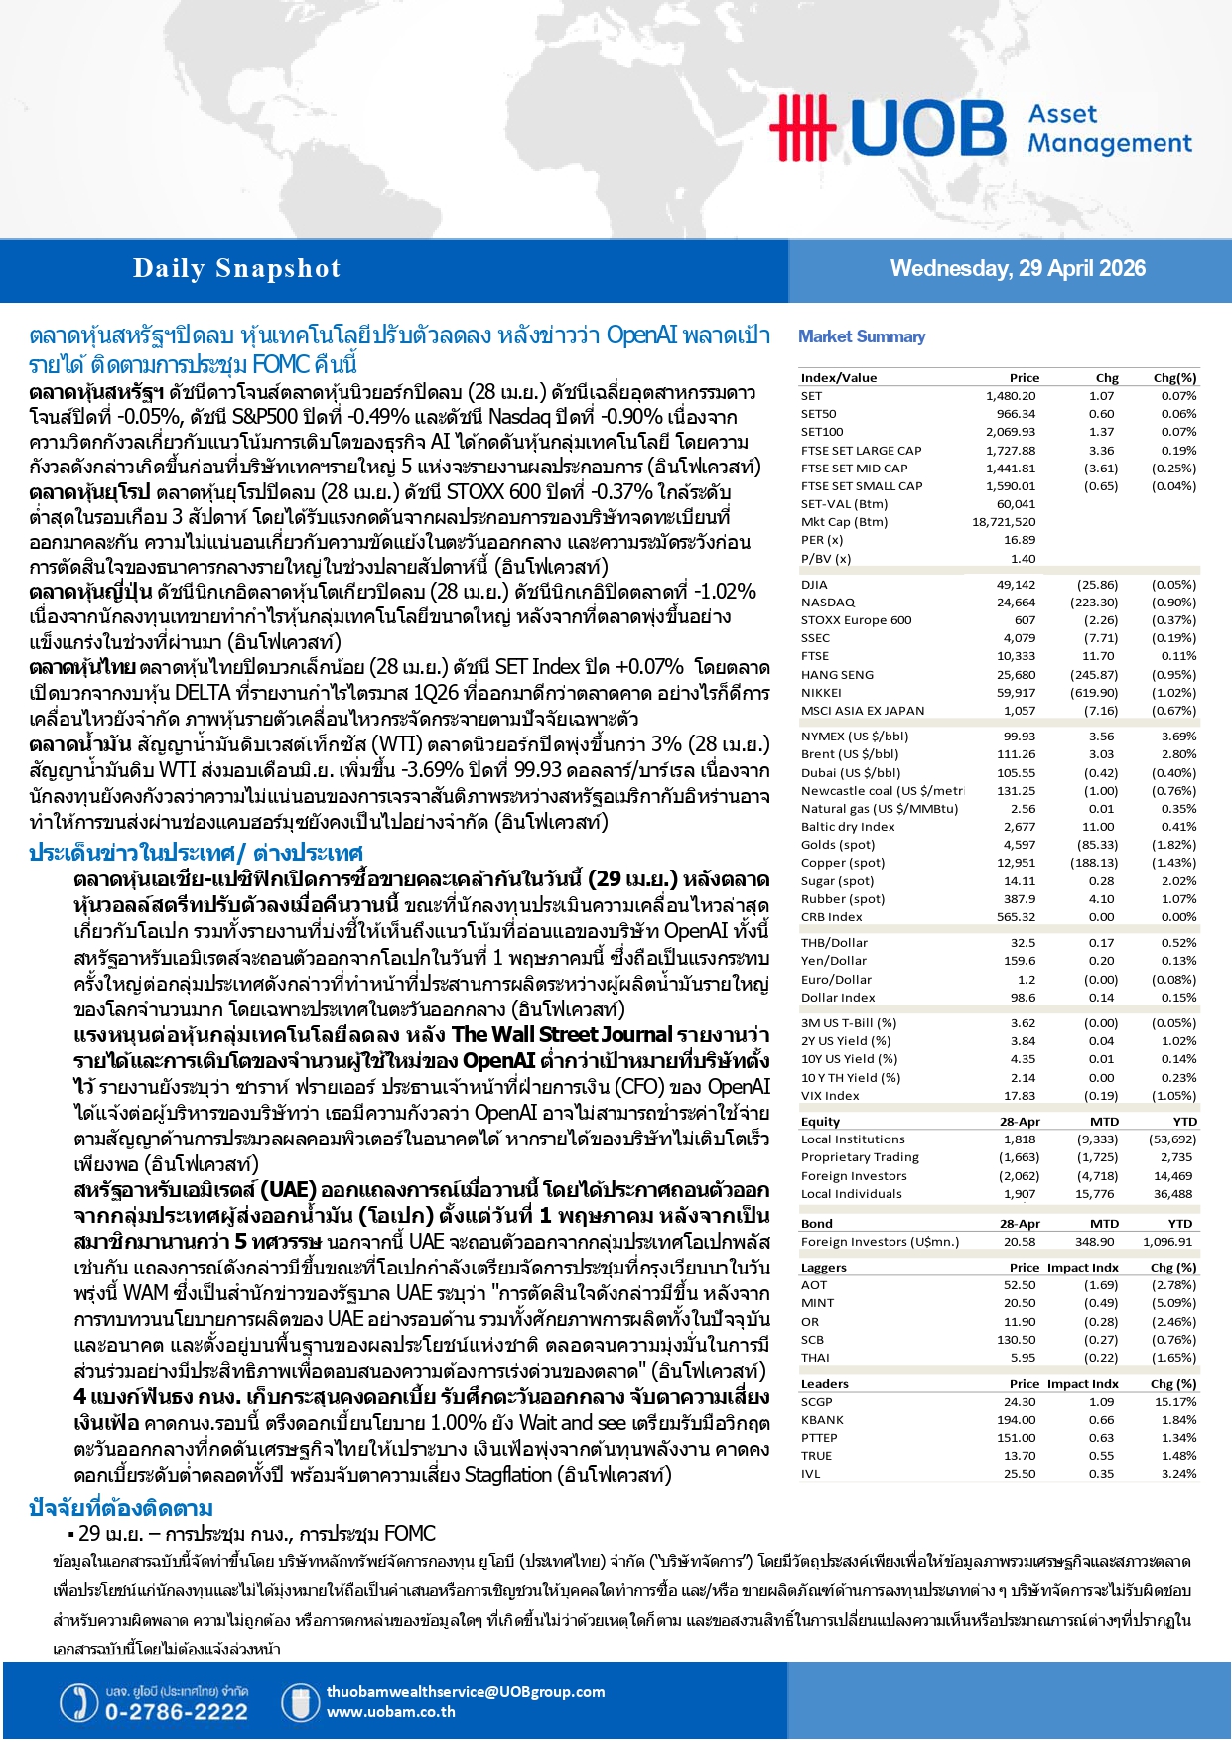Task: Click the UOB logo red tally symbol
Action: [x=802, y=126]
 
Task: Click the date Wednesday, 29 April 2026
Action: [x=1018, y=268]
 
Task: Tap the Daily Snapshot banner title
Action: [x=236, y=269]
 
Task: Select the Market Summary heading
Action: [x=862, y=336]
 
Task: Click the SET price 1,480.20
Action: [x=1011, y=396]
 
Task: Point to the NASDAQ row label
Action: [x=828, y=603]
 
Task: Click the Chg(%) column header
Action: [x=1174, y=378]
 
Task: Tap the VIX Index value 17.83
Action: [x=1020, y=1096]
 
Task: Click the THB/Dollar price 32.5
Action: [x=1023, y=943]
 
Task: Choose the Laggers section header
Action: [x=824, y=1268]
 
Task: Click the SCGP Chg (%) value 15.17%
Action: [x=1175, y=1402]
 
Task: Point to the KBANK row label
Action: [x=822, y=1420]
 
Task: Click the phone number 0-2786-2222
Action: [x=177, y=1711]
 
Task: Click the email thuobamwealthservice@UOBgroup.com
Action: [x=466, y=1692]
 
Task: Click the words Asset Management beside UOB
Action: [x=1109, y=129]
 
